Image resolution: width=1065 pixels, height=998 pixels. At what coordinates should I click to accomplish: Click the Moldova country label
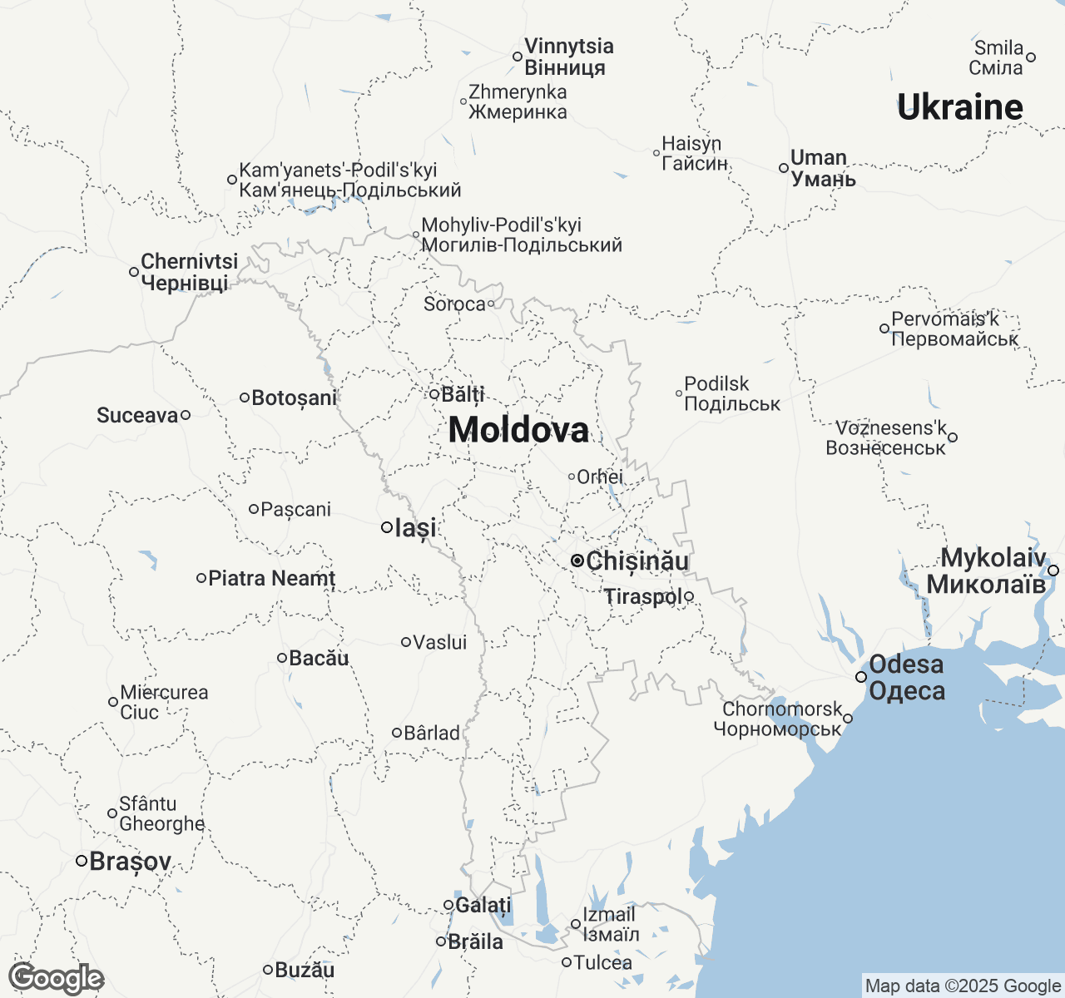pos(518,430)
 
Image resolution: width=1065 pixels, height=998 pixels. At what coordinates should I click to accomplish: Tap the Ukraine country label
pos(960,107)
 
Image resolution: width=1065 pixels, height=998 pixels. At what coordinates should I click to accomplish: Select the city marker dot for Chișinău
pos(577,561)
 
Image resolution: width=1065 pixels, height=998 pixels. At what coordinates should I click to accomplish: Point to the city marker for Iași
pos(387,527)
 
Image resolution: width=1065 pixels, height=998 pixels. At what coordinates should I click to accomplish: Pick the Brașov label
pos(130,862)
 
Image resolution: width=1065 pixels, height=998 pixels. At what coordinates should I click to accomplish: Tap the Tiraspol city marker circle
pos(689,596)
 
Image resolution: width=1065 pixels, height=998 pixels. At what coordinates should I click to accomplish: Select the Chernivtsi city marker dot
pos(133,272)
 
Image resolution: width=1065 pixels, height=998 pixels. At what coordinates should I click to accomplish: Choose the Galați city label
pos(483,905)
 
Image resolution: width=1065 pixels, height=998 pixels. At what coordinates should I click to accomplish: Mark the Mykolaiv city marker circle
pos(1053,571)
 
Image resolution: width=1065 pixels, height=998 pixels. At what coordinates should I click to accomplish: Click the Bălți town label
pos(463,394)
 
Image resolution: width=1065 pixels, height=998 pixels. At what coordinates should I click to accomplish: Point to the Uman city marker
pos(784,168)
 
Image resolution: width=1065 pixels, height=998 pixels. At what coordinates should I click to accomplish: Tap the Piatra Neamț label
pos(271,578)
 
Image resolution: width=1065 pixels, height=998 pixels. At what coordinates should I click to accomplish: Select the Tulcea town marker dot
pos(566,962)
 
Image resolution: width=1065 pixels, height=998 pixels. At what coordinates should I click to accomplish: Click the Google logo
pos(56,978)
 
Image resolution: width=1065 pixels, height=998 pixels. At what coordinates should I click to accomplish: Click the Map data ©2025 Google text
pos(963,986)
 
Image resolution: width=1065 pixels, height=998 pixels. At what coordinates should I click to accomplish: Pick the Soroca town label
pos(454,304)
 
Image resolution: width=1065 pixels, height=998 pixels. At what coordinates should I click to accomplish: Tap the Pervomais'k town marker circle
pos(884,329)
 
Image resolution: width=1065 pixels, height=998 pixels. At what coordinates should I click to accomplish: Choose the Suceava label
pos(137,415)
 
